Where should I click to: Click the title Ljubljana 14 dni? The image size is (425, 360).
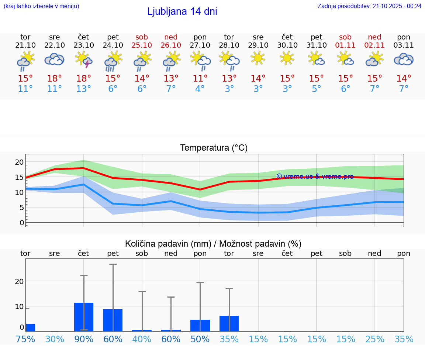coord(182,11)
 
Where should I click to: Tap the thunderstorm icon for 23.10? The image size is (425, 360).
coord(83,60)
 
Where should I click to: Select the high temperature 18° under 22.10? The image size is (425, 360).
coord(54,79)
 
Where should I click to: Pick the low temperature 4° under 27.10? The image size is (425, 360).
coord(200,89)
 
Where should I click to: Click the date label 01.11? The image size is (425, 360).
coord(345,45)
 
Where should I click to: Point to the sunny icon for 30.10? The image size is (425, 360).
coord(287,58)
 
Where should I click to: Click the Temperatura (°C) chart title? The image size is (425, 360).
coord(214,148)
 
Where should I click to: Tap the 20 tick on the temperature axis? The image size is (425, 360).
coord(19,162)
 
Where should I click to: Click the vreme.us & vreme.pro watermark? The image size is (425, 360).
coord(315,176)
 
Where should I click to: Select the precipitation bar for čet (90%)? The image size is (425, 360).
coord(84,317)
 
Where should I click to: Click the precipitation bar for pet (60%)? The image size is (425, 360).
coord(113,320)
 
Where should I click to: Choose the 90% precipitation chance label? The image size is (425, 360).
coord(84,339)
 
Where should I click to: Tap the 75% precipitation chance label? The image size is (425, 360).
coord(25,339)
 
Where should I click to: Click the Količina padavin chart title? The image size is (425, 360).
coord(213,244)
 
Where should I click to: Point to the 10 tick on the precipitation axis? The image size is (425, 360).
coord(19,306)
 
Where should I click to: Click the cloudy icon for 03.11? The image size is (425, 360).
coord(404,59)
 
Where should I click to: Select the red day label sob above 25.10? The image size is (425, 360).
coord(142,37)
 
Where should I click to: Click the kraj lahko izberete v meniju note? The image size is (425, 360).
coord(41,6)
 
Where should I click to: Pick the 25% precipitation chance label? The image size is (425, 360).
coord(374,339)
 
